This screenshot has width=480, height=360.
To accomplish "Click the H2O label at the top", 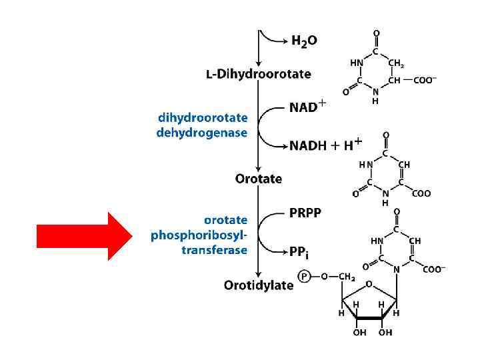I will pos(304,40).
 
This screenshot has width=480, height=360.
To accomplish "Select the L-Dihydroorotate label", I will pos(258,74).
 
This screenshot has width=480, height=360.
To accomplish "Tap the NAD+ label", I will pos(307,106).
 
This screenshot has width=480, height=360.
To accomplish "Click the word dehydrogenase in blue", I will pos(201,133).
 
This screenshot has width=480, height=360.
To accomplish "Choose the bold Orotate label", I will pos(259,179).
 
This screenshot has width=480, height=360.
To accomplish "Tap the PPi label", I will pos(299,252).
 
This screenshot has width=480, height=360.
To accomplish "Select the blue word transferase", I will pos(214,251).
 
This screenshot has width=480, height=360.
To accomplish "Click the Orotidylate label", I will pos(259,285).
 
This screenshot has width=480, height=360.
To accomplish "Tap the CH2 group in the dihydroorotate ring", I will pos(396,63).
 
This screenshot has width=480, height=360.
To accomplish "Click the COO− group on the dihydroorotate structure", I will pos(425,81).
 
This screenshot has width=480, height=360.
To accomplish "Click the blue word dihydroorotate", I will pos(203,118).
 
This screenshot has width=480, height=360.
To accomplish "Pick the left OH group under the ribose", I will pos(359,332).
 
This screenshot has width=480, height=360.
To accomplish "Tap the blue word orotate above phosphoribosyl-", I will pos(225,220).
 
